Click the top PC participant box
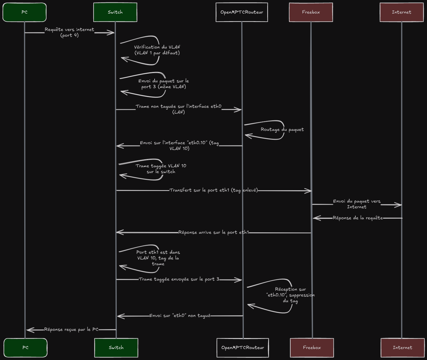pyautogui.click(x=25, y=12)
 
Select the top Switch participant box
pyautogui.click(x=115, y=12)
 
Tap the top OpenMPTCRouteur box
pyautogui.click(x=242, y=12)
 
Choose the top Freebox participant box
pyautogui.click(x=311, y=12)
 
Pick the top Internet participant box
pyautogui.click(x=402, y=12)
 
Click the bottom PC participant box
pyautogui.click(x=25, y=348)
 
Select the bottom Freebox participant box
pyautogui.click(x=312, y=348)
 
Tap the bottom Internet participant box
pyautogui.click(x=402, y=348)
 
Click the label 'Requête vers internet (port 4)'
pyautogui.click(x=69, y=32)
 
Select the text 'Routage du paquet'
pyautogui.click(x=282, y=130)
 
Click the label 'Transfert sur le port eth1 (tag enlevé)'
pyautogui.click(x=213, y=190)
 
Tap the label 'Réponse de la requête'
pyautogui.click(x=358, y=218)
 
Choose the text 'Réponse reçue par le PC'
pyautogui.click(x=71, y=330)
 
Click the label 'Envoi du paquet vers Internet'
pyautogui.click(x=357, y=204)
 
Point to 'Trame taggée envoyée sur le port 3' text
pyautogui.click(x=179, y=279)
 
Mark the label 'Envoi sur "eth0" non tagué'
pyautogui.click(x=180, y=316)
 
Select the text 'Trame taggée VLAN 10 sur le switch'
pyautogui.click(x=161, y=169)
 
